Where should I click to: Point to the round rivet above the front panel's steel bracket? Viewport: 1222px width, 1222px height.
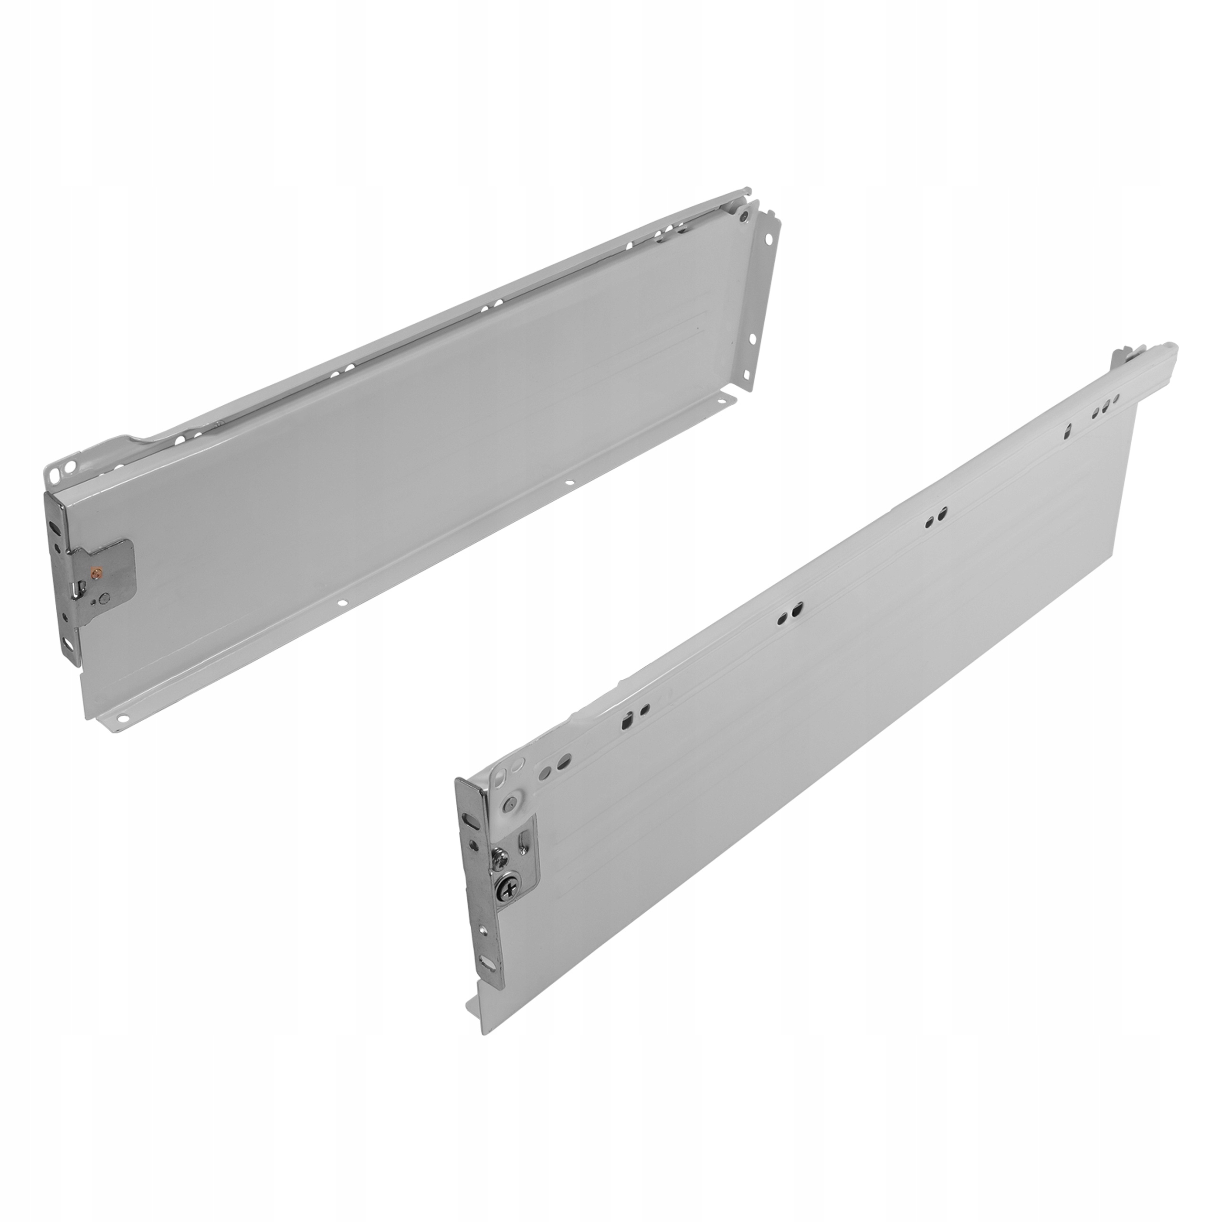(510, 804)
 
